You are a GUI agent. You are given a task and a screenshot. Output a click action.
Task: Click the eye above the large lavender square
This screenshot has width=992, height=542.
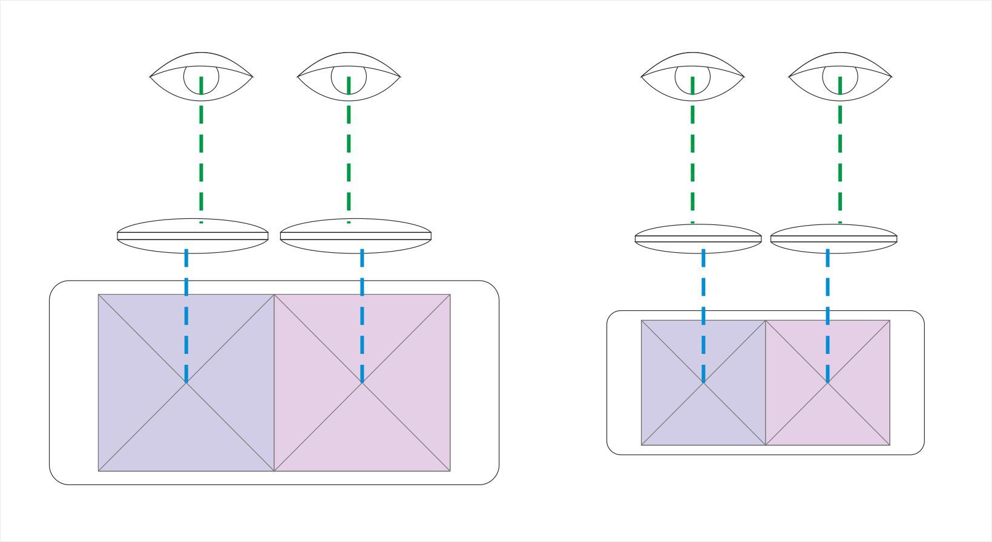coord(201,77)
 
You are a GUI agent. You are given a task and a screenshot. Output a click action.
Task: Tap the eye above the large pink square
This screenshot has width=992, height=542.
coord(349,77)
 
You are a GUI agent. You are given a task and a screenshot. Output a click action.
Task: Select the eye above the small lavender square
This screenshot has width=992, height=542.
coord(692,77)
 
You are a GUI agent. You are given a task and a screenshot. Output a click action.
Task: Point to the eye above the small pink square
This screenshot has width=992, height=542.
coord(840,77)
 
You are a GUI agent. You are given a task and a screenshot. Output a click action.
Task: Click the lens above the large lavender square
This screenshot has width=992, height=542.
coord(192,236)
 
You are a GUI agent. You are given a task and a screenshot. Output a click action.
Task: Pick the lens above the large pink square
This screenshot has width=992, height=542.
coord(356,236)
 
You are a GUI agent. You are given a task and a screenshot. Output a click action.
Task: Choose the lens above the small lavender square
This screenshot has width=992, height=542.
coord(698,238)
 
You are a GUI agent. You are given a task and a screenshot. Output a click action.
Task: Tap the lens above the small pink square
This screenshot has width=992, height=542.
coord(833,238)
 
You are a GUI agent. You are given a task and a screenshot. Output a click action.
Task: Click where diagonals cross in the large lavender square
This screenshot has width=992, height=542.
coord(186,382)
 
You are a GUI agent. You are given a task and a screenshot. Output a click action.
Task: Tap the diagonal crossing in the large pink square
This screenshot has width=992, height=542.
coord(362,382)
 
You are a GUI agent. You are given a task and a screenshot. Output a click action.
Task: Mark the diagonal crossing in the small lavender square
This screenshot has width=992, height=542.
coord(703,382)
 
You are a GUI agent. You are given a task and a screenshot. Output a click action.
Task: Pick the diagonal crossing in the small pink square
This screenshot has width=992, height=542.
coord(828,382)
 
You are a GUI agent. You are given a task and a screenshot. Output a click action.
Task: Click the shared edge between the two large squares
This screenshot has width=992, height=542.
coord(274,423)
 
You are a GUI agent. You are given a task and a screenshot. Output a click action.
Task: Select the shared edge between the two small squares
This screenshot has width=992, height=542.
coord(766,417)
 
